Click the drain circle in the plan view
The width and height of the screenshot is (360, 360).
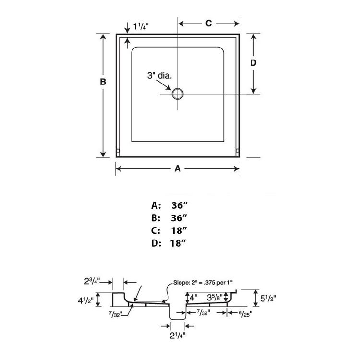click(178, 93)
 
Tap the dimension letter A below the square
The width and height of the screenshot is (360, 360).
click(177, 168)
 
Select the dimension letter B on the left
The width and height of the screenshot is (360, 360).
click(103, 82)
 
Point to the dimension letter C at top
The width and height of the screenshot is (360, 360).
click(209, 23)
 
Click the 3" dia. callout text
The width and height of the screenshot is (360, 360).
click(160, 75)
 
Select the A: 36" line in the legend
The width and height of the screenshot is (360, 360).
click(169, 205)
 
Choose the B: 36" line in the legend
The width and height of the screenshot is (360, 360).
click(169, 218)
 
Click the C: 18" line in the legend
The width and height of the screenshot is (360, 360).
click(169, 230)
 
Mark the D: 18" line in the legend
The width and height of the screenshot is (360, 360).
click(169, 243)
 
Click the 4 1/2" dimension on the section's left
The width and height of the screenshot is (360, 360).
click(86, 301)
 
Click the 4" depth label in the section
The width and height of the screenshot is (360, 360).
click(193, 297)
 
